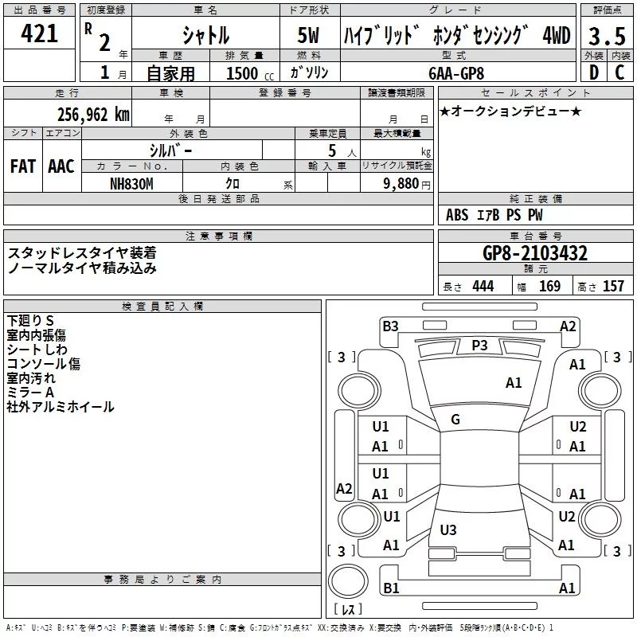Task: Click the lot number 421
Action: point(38,33)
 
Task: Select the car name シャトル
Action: point(205,35)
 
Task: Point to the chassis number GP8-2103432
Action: point(535,254)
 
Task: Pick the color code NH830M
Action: point(132,182)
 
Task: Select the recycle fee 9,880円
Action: point(406,183)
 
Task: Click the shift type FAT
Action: point(22,166)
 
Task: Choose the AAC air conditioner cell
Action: point(61,166)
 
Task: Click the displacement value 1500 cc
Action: point(247,73)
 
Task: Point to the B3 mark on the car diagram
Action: point(390,325)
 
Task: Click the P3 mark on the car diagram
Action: point(479,345)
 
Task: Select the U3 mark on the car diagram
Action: point(448,530)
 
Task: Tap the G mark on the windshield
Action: point(455,420)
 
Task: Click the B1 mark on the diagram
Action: point(391,588)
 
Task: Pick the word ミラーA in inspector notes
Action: point(30,393)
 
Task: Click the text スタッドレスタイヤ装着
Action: point(82,252)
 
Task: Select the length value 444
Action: point(483,287)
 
